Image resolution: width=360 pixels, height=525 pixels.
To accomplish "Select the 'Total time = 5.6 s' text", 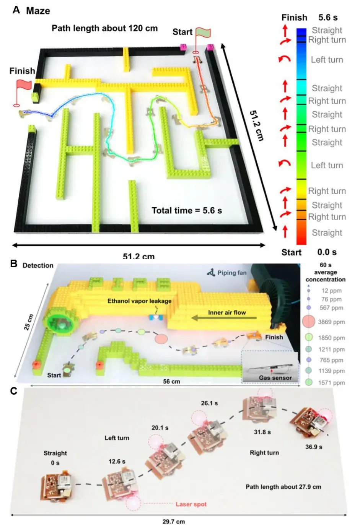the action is [x=187, y=210].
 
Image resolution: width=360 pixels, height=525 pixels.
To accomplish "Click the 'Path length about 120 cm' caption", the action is [x=104, y=28].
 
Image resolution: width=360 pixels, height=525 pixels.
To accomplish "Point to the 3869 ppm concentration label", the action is [x=331, y=322].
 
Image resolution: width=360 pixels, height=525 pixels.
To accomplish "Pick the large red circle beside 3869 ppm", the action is [x=309, y=321].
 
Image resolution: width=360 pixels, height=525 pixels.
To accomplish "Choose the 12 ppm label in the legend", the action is [x=331, y=291].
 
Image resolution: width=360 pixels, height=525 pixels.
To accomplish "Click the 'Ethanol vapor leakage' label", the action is [x=140, y=301].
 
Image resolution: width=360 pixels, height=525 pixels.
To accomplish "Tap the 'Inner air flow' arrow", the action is [x=224, y=318].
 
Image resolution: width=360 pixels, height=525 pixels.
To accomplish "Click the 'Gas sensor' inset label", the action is [x=275, y=378].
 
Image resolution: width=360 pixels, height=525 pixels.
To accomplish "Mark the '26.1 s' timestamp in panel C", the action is [x=209, y=403].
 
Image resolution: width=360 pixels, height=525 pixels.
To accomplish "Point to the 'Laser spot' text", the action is [x=191, y=504].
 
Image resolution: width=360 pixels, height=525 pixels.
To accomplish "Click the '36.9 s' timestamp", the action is [x=314, y=447].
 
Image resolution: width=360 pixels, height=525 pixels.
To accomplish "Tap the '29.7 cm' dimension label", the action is [x=174, y=522].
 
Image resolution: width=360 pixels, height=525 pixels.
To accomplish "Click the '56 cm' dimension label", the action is [x=171, y=382].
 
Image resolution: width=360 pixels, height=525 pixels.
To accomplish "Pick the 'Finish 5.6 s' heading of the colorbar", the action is [x=310, y=18].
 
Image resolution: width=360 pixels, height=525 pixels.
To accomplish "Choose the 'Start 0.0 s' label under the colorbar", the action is [x=309, y=252].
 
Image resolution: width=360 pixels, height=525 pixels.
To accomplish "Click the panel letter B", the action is [x=14, y=264].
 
